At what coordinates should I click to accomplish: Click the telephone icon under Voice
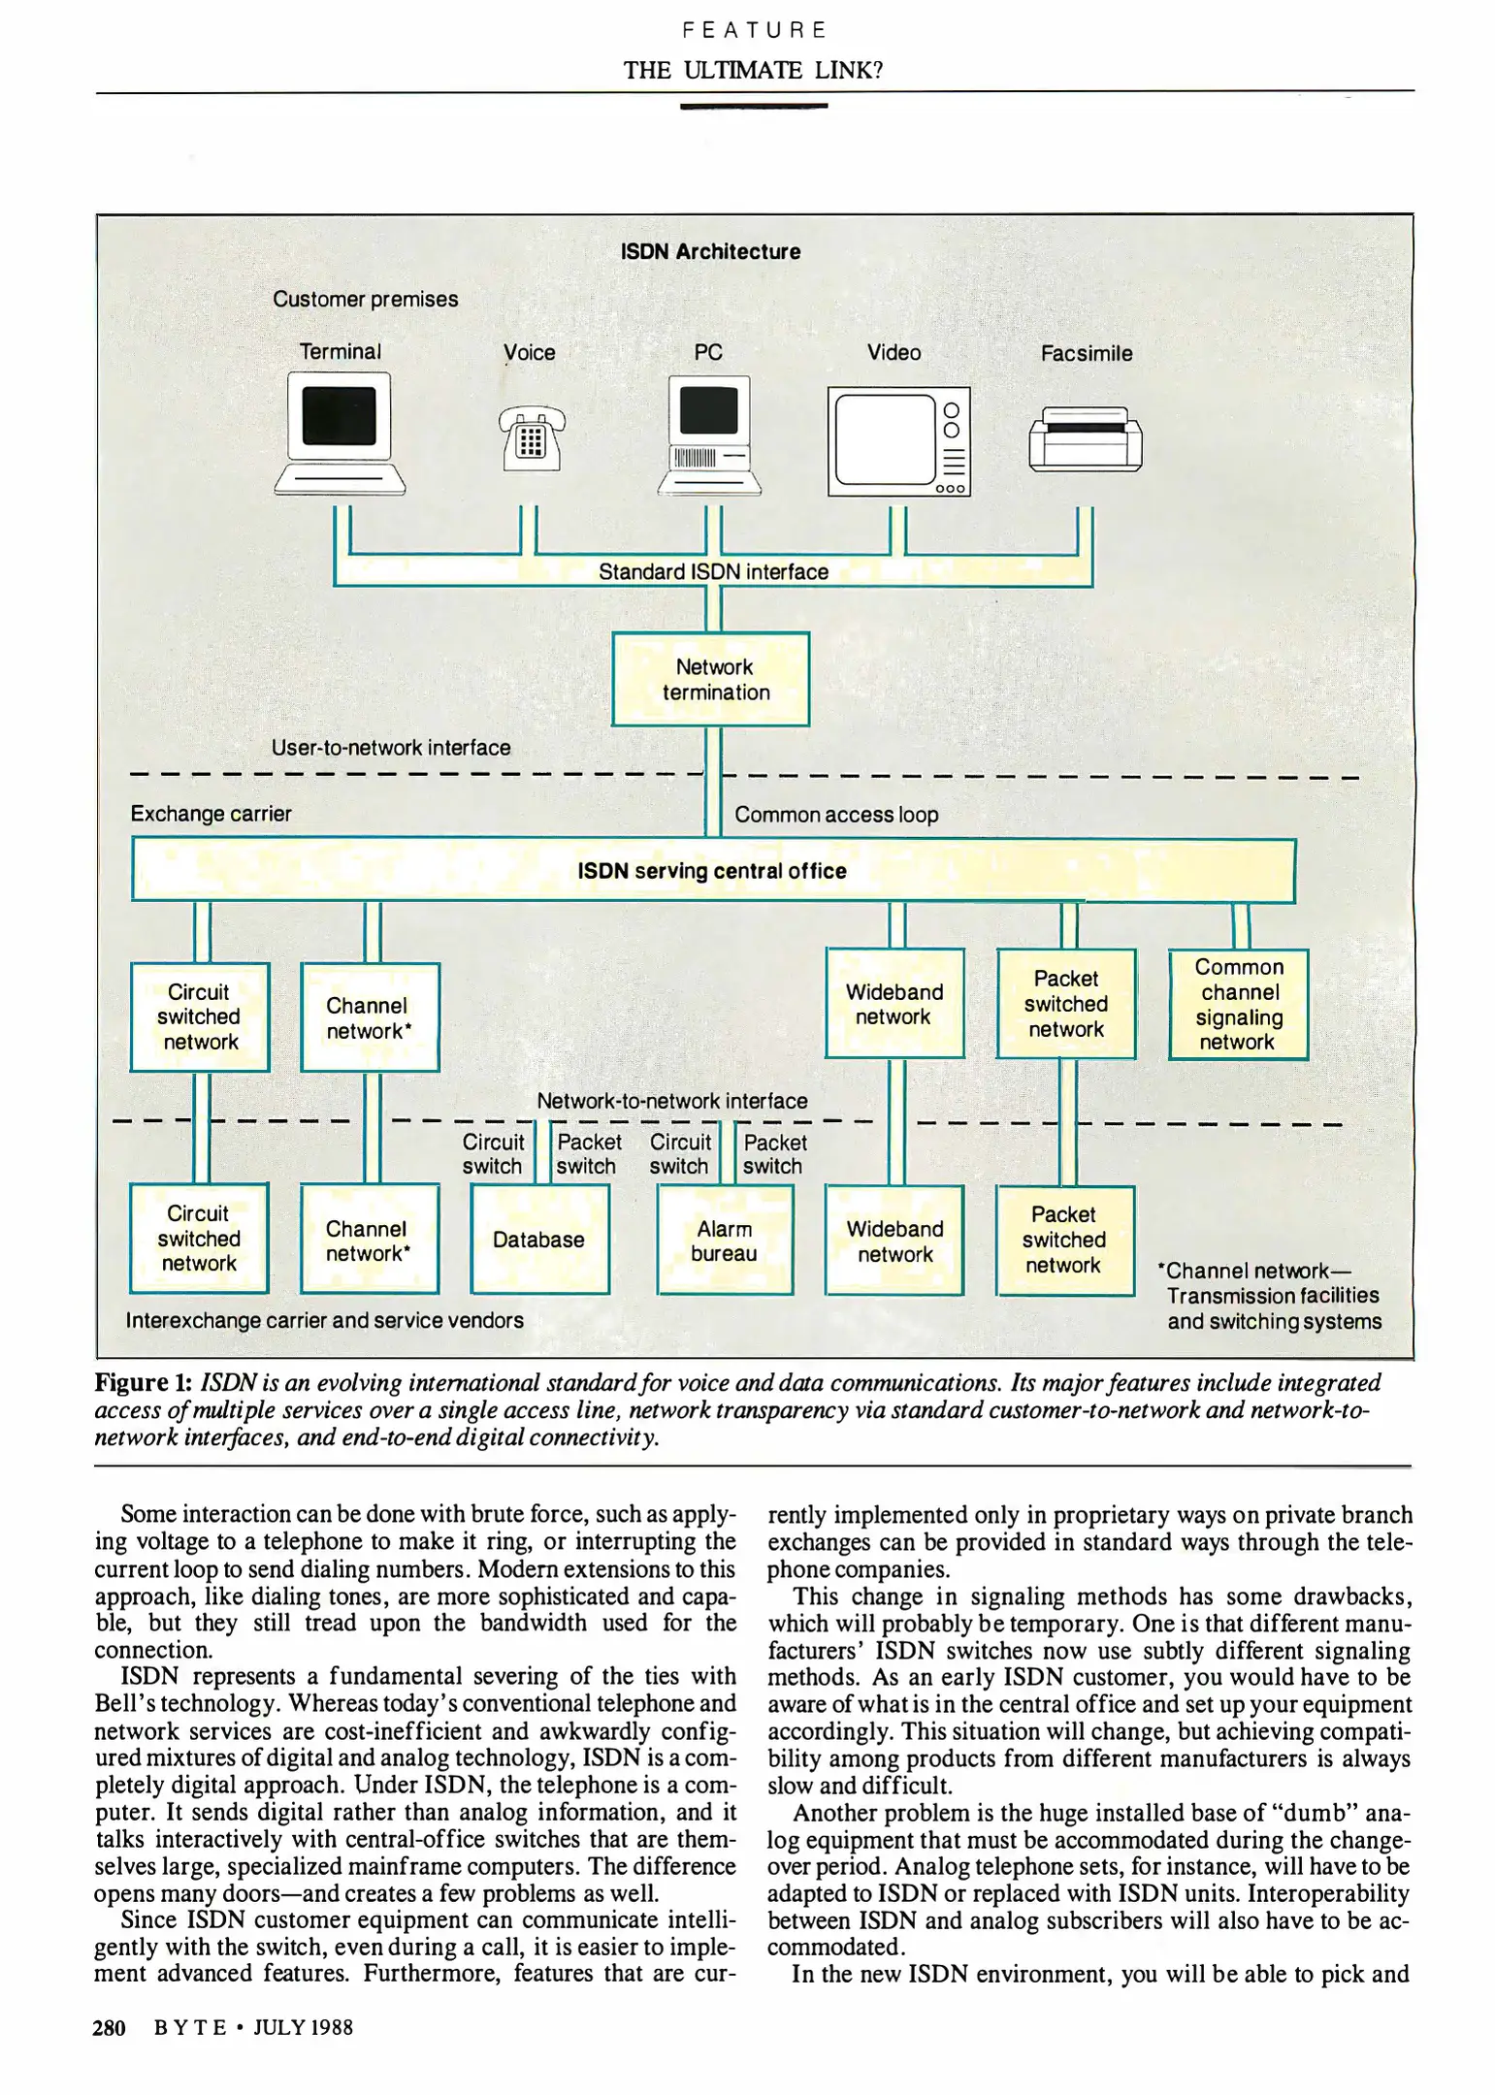click(x=531, y=438)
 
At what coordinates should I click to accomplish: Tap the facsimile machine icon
click(x=1085, y=439)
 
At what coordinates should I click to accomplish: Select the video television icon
click(x=898, y=442)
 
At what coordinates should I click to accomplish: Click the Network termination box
click(x=710, y=679)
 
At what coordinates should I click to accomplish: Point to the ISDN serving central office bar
click(x=713, y=871)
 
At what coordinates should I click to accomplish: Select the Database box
click(x=539, y=1240)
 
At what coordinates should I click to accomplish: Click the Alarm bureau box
click(x=725, y=1241)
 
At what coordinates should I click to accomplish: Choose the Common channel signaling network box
click(x=1238, y=1004)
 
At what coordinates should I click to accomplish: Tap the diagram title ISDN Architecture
click(x=710, y=252)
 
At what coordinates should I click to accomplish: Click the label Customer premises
click(x=365, y=300)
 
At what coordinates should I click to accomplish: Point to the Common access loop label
click(x=836, y=815)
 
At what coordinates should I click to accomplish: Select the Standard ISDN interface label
click(x=713, y=572)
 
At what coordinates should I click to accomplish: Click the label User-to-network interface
click(x=390, y=748)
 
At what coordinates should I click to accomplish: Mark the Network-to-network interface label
click(x=671, y=1101)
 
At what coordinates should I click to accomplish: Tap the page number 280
click(x=110, y=2027)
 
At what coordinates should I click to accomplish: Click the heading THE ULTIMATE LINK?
click(x=753, y=70)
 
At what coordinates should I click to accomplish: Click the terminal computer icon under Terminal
click(x=340, y=435)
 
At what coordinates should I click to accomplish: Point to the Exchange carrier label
click(x=211, y=814)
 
